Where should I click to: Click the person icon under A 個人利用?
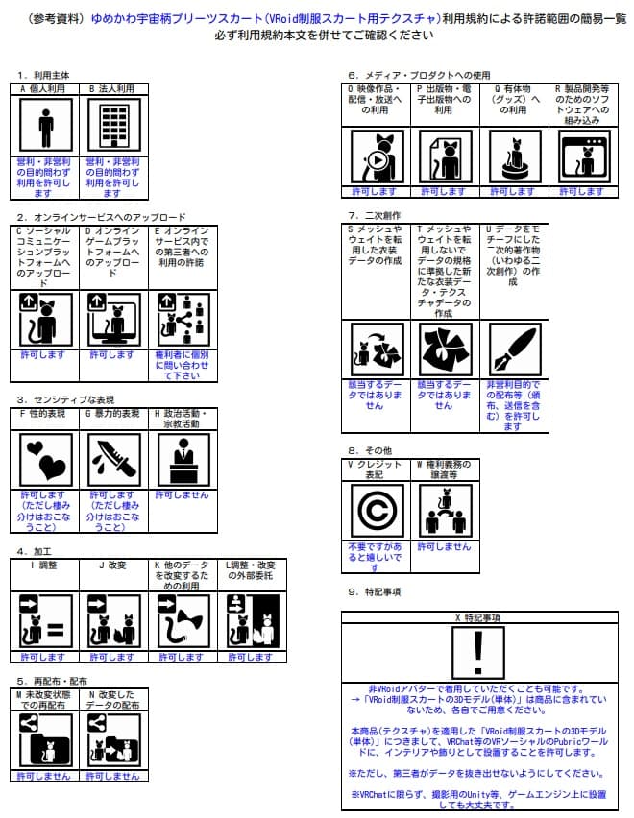[x=46, y=126]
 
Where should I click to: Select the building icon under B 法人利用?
[x=114, y=126]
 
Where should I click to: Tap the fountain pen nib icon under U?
[x=514, y=350]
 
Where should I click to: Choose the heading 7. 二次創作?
[x=375, y=215]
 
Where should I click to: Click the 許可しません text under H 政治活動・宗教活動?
[x=183, y=495]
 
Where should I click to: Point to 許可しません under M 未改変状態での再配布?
[x=46, y=776]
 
